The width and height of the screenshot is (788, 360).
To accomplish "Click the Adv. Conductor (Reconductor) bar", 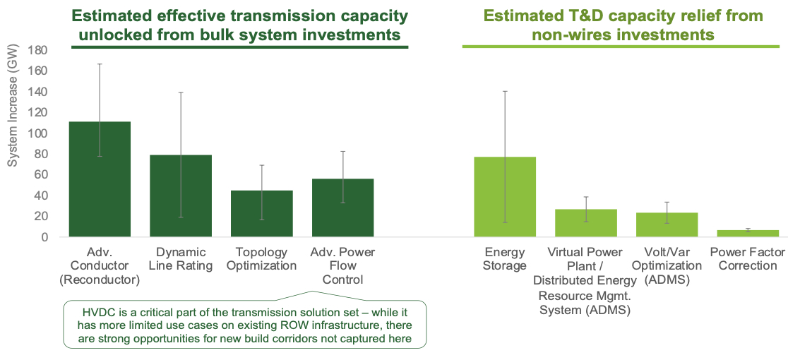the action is click(100, 179).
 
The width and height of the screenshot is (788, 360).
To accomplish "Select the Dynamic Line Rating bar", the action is click(181, 196).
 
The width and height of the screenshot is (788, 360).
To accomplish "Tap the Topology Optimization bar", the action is click(261, 214).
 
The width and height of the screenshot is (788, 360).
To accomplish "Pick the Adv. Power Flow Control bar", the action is click(342, 208).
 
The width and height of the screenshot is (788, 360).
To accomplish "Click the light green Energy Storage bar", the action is click(505, 197).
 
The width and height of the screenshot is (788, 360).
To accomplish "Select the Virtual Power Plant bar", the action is click(586, 223).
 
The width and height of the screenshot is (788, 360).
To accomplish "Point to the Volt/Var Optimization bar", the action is click(667, 225).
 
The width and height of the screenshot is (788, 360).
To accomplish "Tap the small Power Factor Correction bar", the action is click(748, 234).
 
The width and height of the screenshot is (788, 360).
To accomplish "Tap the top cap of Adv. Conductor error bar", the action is click(100, 64).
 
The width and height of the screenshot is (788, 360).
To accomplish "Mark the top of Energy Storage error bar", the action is click(505, 91).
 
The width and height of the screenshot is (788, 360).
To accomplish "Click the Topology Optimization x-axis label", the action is click(261, 258).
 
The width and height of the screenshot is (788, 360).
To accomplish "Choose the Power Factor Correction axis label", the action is click(748, 258).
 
